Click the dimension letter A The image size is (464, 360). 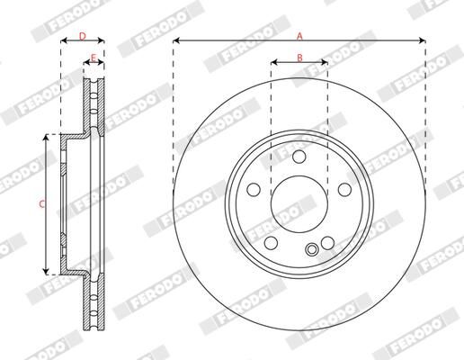(x=299, y=36)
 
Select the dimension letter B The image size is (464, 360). (x=299, y=58)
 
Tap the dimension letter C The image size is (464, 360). (x=42, y=204)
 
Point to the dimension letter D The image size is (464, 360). (x=83, y=36)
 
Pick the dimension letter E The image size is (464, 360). (x=94, y=58)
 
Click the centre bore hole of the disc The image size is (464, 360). (x=299, y=204)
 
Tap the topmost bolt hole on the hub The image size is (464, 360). (x=299, y=157)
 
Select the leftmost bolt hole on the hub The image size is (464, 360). (x=254, y=190)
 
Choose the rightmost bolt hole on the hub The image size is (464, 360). (x=344, y=190)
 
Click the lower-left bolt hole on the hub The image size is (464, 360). (x=271, y=243)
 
